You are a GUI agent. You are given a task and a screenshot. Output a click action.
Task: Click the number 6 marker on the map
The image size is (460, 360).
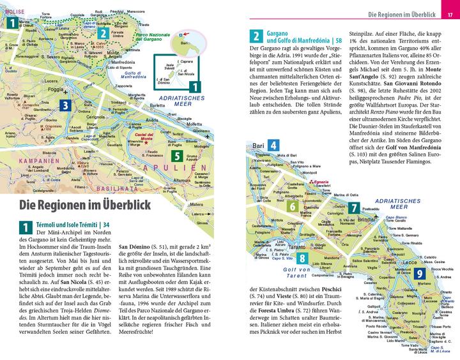(x=291, y=207)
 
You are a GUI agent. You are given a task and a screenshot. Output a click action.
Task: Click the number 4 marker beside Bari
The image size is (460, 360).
(x=273, y=145)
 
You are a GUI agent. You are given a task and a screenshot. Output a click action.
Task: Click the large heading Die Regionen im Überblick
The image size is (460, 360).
(x=84, y=206)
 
